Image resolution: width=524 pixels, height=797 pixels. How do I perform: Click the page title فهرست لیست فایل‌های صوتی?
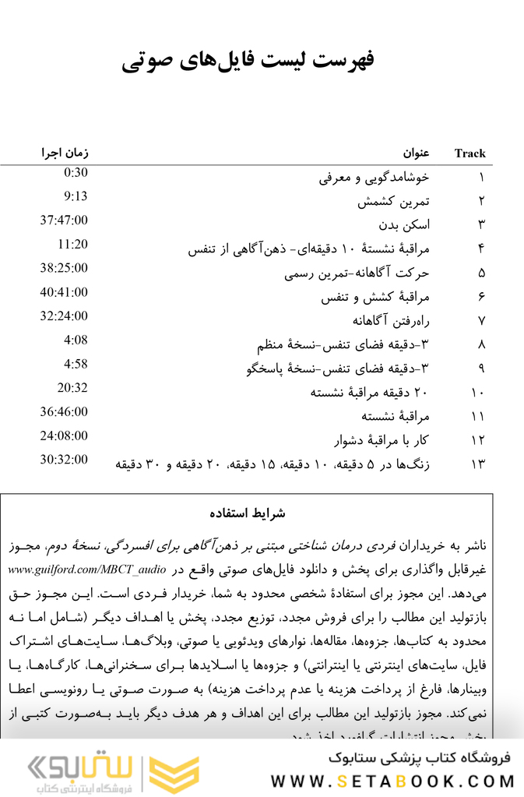point(248,61)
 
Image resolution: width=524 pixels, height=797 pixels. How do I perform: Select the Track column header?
point(469,153)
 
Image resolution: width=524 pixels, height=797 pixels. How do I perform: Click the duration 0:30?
point(76,173)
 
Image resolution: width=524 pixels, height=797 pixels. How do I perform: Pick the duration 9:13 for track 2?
point(76,196)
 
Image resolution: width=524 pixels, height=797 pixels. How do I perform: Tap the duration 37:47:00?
point(65,220)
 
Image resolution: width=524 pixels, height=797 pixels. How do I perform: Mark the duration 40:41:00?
point(65,292)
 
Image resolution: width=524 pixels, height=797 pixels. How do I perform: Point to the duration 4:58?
point(76,364)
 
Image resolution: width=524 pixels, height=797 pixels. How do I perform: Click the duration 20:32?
point(72,388)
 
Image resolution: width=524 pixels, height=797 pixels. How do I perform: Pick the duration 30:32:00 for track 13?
point(65,460)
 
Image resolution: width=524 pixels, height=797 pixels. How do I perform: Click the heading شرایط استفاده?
point(248,513)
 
